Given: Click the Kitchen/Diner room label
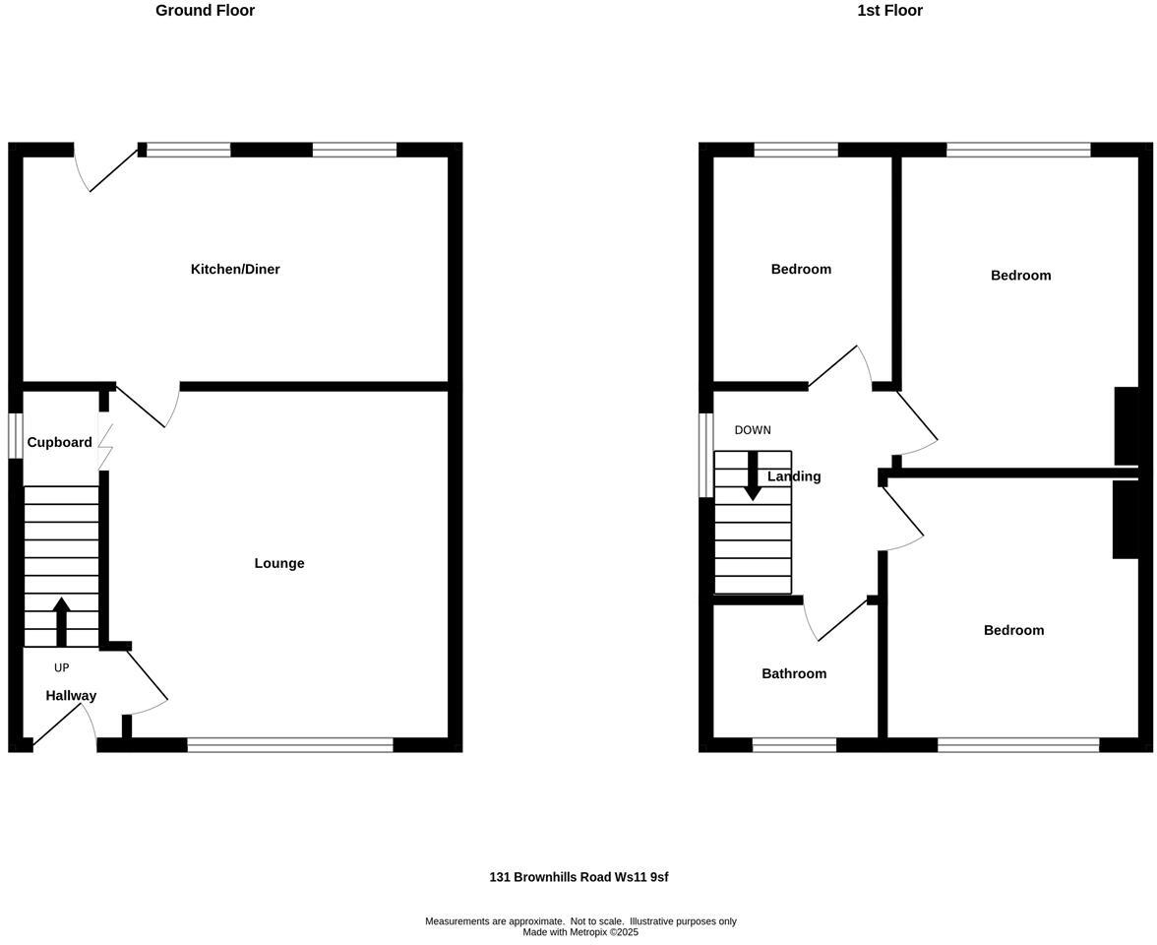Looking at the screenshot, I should [x=235, y=270].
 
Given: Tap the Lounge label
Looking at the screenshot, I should [x=279, y=564].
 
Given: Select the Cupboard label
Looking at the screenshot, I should [x=59, y=443].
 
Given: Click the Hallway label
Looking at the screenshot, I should [x=71, y=696].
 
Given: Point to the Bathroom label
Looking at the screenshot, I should [x=794, y=674].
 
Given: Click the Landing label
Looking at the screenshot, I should [x=795, y=476].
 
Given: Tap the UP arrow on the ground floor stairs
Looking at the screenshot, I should [x=61, y=620].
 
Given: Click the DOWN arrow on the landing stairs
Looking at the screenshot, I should [x=753, y=475].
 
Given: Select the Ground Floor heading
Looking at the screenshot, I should [x=205, y=11].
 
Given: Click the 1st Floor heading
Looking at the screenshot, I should [x=889, y=11].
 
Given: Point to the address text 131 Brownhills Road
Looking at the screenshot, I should [x=578, y=877].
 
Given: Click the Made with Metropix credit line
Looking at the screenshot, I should [x=580, y=932].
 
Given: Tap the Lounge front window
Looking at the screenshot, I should [x=290, y=745].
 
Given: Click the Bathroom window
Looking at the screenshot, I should [x=794, y=745].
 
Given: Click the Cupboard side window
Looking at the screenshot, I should [x=16, y=435].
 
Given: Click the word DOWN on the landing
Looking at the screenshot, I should [x=753, y=430].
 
